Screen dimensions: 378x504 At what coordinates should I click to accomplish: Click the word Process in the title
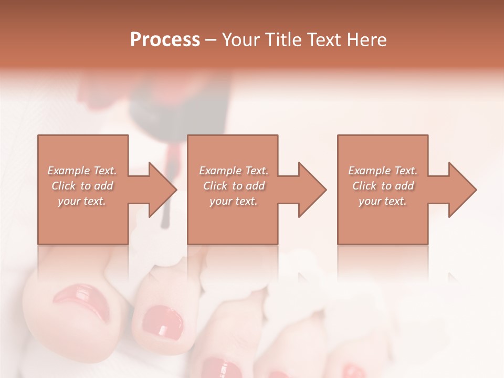pos(165,39)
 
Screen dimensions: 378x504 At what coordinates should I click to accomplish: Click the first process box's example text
pos(82,185)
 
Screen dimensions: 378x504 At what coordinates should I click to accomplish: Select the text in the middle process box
pos(234,185)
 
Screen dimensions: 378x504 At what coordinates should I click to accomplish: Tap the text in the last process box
pos(383,185)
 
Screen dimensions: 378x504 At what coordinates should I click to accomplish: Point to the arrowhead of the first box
pos(162,190)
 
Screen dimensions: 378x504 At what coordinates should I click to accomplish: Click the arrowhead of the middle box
pos(312,190)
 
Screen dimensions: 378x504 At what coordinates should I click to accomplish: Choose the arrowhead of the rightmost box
pos(463,190)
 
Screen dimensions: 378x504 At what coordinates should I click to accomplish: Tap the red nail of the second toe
pos(163,323)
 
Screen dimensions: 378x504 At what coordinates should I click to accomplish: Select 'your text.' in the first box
pos(82,201)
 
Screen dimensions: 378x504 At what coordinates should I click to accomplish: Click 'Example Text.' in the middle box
pos(234,171)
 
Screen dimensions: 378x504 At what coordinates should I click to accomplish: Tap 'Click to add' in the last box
pos(383,186)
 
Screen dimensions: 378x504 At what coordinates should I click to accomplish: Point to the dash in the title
pos(211,40)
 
